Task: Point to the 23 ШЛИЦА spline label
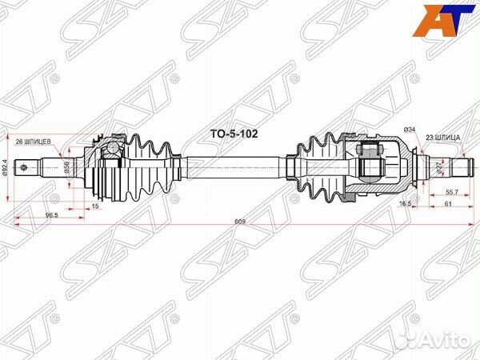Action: pos(442,138)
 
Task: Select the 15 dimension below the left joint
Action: pos(96,206)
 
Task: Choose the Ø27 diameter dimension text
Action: pos(439,167)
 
